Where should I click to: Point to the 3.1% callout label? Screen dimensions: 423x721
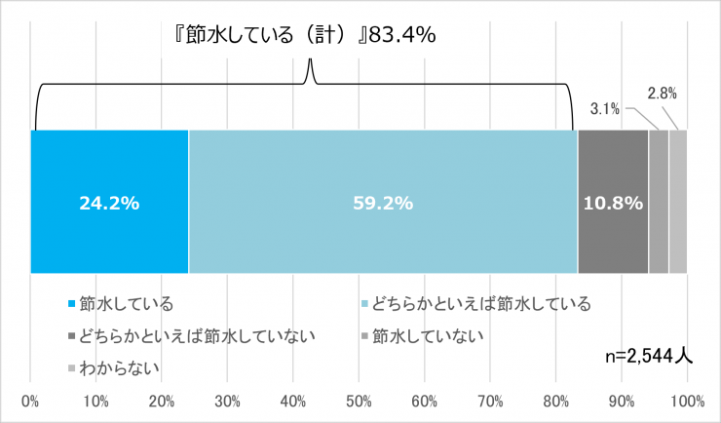[606, 109]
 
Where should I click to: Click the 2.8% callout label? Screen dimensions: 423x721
[662, 95]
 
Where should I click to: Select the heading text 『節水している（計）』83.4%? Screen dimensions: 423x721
[298, 33]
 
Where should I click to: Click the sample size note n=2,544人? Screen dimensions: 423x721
[649, 357]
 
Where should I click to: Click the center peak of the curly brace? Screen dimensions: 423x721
[310, 61]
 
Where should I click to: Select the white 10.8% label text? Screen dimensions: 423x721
[612, 204]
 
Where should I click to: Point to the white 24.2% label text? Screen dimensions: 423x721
[109, 204]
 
